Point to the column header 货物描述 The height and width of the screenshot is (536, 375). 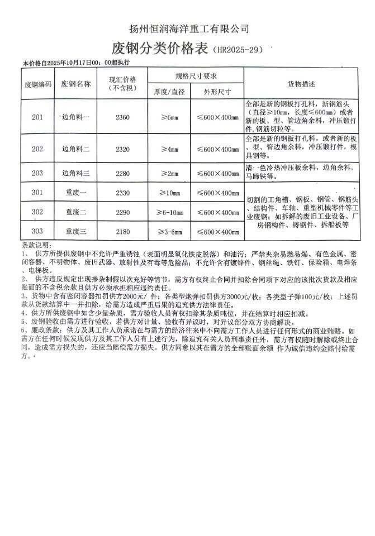point(301,84)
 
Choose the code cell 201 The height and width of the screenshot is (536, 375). point(37,117)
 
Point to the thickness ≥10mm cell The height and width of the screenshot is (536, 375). point(168,193)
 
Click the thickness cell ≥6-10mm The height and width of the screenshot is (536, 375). point(168,212)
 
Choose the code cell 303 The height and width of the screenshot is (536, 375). point(37,231)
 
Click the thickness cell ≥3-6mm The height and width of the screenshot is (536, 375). point(168,231)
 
